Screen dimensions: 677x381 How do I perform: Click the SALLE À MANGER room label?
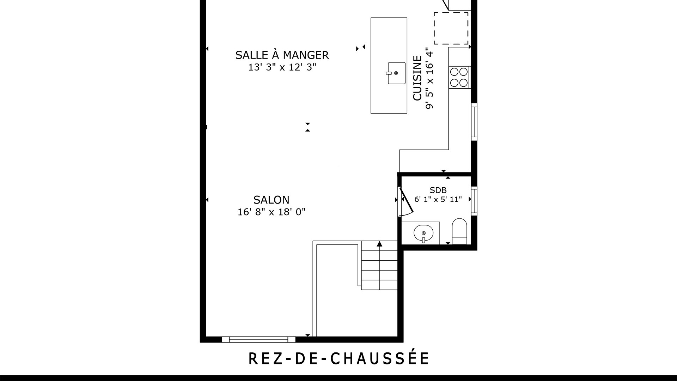[282, 55]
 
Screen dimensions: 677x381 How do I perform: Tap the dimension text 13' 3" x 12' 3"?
[282, 67]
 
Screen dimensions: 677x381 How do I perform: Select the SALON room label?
[272, 200]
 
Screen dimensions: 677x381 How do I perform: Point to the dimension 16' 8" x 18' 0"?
[272, 212]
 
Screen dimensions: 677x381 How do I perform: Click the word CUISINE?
[417, 78]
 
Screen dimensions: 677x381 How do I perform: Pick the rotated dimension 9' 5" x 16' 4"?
[429, 78]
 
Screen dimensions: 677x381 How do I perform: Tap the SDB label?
[438, 190]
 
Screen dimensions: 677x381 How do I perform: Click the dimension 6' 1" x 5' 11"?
[438, 199]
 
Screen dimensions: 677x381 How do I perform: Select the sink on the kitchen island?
[397, 73]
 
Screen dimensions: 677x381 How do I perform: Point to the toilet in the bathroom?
[459, 231]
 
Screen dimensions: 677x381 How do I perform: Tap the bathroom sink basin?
[423, 233]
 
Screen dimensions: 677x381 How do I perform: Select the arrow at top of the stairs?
[379, 243]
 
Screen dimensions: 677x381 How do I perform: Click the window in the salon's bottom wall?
[258, 339]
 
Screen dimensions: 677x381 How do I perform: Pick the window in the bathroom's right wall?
[474, 201]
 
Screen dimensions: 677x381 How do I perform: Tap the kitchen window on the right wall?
[474, 122]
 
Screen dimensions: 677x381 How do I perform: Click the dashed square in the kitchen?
[451, 29]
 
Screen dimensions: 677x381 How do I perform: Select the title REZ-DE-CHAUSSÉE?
[339, 358]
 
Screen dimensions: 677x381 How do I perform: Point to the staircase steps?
[379, 265]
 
